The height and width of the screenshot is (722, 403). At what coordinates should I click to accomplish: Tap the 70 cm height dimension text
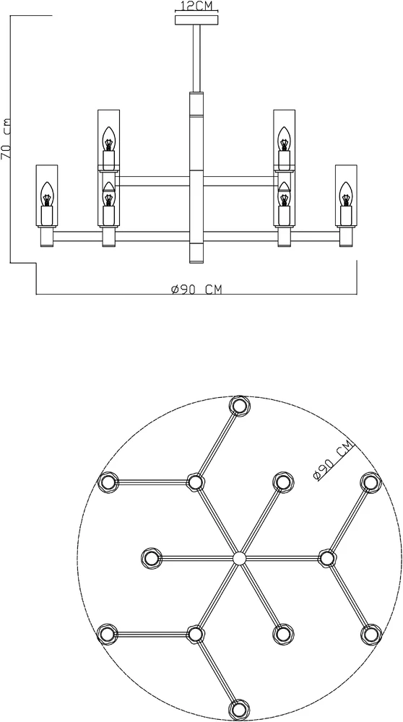[x=6, y=138]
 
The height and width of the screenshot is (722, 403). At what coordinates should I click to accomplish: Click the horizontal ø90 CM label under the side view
[x=196, y=289]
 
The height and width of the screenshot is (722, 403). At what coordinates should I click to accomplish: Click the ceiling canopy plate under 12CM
[x=196, y=19]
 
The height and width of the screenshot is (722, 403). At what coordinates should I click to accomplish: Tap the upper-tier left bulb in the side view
[x=108, y=139]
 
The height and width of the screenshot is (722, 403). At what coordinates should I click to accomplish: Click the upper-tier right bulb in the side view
[x=285, y=139]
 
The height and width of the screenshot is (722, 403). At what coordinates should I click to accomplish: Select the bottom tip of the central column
[x=196, y=263]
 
